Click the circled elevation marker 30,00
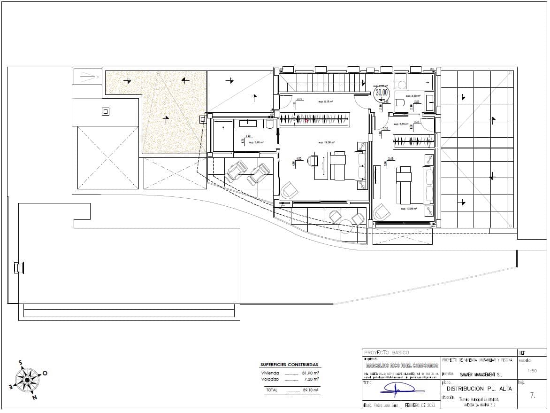tap(382, 93)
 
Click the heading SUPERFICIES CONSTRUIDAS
tap(289, 365)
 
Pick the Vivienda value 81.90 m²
tap(310, 373)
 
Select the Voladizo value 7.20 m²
tap(310, 379)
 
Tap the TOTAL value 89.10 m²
tap(310, 390)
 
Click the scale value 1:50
tap(532, 371)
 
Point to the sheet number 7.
tap(532, 396)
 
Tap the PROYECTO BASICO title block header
tap(387, 352)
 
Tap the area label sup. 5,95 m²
tap(256, 142)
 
